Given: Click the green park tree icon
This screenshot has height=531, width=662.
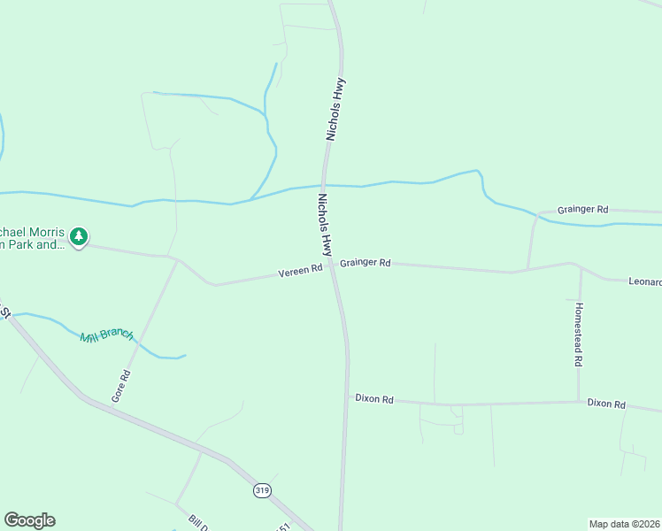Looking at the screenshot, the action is click(x=80, y=236).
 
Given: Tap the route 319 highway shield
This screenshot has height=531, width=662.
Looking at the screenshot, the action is click(x=262, y=490).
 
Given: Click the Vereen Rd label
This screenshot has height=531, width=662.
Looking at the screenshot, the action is click(x=300, y=272).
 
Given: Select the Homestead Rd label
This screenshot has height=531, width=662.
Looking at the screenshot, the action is click(x=578, y=335).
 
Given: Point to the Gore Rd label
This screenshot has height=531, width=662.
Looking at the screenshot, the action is click(x=121, y=387).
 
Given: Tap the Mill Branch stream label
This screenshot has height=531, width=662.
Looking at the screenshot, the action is click(x=106, y=335).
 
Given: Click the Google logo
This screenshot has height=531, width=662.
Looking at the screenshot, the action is click(x=29, y=520).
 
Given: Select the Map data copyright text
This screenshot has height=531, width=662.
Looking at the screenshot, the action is click(x=624, y=524).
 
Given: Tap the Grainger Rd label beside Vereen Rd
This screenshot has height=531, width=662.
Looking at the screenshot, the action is click(x=365, y=263).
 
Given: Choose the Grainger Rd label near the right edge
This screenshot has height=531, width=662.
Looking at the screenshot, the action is click(x=582, y=210).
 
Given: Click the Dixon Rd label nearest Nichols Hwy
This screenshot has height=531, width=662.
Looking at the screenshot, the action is click(x=374, y=398).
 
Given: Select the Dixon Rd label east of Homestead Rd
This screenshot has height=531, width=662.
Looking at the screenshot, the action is click(x=606, y=404).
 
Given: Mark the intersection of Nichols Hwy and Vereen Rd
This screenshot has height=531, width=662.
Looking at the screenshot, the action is click(x=331, y=265).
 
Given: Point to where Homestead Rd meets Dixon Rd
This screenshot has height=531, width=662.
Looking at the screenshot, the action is click(x=579, y=402).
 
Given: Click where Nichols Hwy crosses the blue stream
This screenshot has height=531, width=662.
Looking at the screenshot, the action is click(x=325, y=185).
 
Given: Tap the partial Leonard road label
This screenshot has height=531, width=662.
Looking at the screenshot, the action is click(x=644, y=282).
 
